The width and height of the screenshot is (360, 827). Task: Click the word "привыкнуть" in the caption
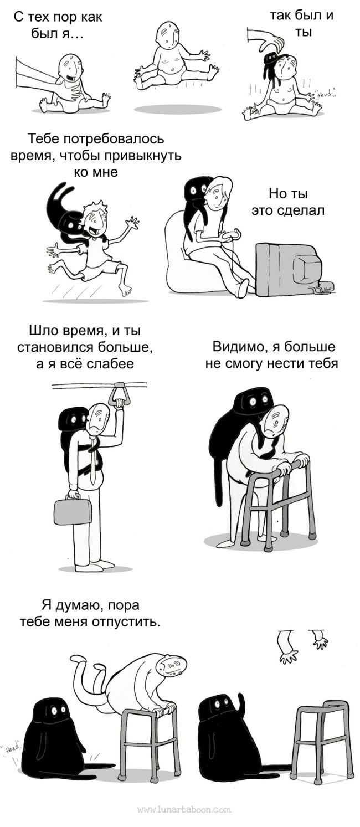click(143, 156)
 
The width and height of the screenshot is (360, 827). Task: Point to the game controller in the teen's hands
click(231, 233)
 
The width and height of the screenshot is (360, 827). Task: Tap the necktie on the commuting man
click(93, 461)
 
